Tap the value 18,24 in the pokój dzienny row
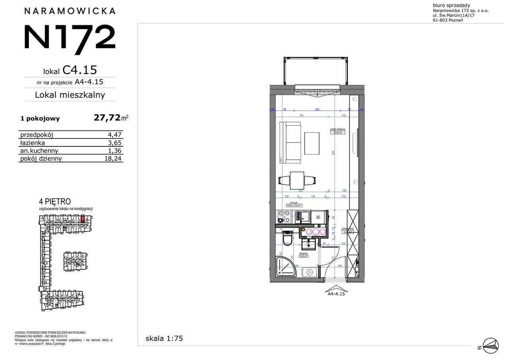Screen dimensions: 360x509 click(x=113, y=159)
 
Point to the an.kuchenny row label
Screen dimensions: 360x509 click(x=39, y=151)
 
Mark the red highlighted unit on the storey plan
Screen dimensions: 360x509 click(x=83, y=218)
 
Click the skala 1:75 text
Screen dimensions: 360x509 click(x=164, y=339)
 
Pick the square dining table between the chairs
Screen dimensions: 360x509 click(x=297, y=181)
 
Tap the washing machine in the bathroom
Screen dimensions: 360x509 click(x=309, y=272)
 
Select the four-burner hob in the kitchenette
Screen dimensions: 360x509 click(x=284, y=217)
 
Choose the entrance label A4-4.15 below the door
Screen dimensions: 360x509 click(x=336, y=294)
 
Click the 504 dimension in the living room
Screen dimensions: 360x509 click(x=334, y=152)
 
